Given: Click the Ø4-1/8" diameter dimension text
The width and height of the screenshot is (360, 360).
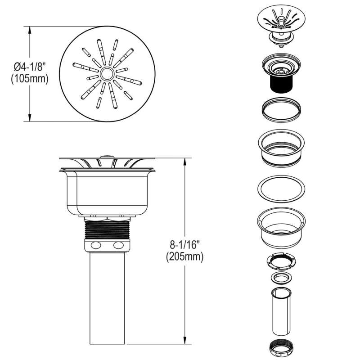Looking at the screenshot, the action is pyautogui.click(x=30, y=67).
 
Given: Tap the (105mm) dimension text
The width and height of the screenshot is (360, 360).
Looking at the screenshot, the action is pyautogui.click(x=30, y=79).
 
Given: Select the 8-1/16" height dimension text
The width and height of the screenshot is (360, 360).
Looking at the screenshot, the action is pyautogui.click(x=184, y=245).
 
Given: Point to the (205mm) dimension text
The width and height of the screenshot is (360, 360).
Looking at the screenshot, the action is pyautogui.click(x=185, y=256).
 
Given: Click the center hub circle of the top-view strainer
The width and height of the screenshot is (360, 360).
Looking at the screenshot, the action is pyautogui.click(x=107, y=73).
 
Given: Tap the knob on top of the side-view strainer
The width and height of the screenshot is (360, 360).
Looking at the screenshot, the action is pyautogui.click(x=107, y=157).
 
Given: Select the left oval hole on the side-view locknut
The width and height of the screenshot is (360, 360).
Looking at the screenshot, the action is pyautogui.click(x=96, y=245).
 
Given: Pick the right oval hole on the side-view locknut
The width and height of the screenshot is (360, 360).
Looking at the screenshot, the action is pyautogui.click(x=118, y=245).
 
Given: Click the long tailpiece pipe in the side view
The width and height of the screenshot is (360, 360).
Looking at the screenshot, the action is pyautogui.click(x=107, y=298).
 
